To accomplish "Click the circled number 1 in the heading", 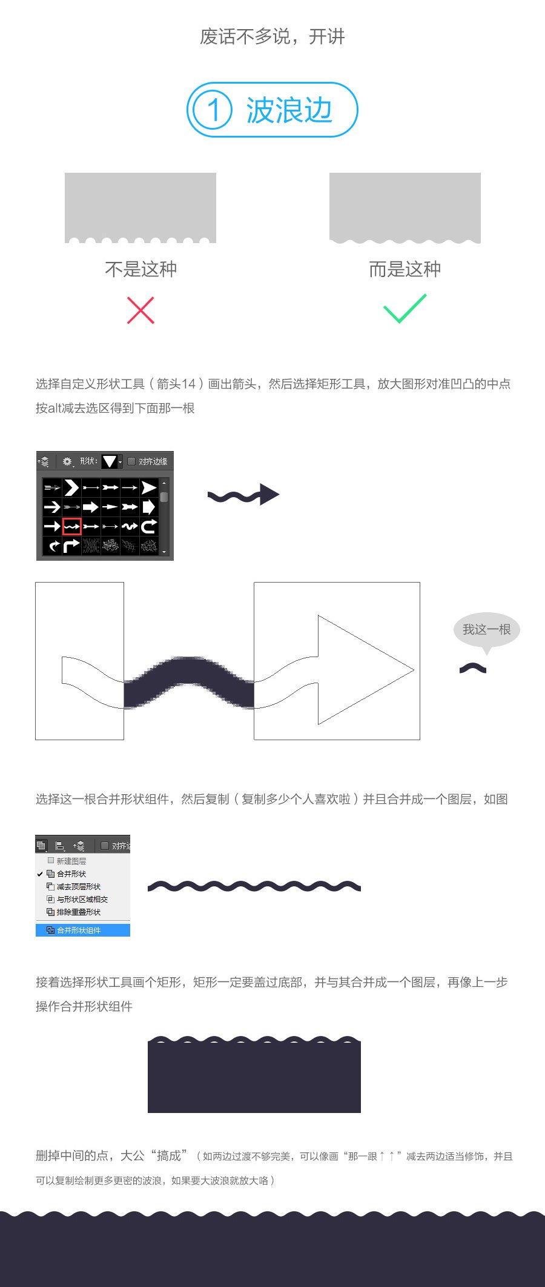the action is (213, 110).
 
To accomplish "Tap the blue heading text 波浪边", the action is (289, 110).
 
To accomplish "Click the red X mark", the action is (140, 310).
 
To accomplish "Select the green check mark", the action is (405, 308).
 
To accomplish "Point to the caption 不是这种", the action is (140, 269).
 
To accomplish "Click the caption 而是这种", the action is (405, 269).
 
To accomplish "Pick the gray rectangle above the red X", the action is (140, 207).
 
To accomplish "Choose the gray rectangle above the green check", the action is (405, 207).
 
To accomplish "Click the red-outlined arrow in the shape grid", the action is (71, 526).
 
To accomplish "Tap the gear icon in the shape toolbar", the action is (67, 461).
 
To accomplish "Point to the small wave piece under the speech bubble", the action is (473, 667).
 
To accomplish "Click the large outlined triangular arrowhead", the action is (366, 670).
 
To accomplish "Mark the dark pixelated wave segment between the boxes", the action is (189, 682).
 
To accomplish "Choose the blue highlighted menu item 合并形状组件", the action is (83, 930).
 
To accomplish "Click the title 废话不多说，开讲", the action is (272, 36).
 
